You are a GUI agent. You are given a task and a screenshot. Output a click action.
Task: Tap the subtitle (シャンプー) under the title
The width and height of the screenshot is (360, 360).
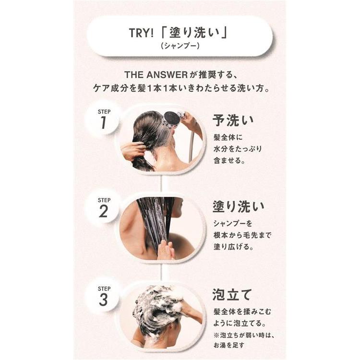tap(180, 46)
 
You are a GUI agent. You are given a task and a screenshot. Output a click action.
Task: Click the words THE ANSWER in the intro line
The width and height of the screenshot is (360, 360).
tap(156, 74)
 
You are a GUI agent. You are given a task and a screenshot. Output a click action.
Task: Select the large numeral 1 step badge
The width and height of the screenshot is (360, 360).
tap(103, 122)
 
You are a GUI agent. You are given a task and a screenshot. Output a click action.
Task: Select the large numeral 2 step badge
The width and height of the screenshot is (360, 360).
tap(103, 211)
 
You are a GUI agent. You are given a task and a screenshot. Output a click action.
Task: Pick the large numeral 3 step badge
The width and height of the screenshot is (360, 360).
tap(103, 300)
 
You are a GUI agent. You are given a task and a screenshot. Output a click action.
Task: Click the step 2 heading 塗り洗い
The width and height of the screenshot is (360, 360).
tap(238, 206)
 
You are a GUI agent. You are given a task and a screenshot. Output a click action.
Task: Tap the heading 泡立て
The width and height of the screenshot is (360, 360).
tap(232, 295)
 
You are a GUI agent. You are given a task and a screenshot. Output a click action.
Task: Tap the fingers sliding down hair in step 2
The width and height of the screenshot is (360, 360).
tap(166, 250)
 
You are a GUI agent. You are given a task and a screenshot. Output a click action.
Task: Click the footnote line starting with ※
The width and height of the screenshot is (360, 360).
tap(244, 336)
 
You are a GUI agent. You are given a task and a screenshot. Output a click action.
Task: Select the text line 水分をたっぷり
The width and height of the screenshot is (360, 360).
tap(238, 149)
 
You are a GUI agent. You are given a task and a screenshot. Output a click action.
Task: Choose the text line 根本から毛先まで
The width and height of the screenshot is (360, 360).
tap(242, 235)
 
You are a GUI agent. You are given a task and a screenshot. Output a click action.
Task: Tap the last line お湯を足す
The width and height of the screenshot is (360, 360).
tap(228, 345)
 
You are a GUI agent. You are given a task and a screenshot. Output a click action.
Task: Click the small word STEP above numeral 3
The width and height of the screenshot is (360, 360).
tap(104, 288)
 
